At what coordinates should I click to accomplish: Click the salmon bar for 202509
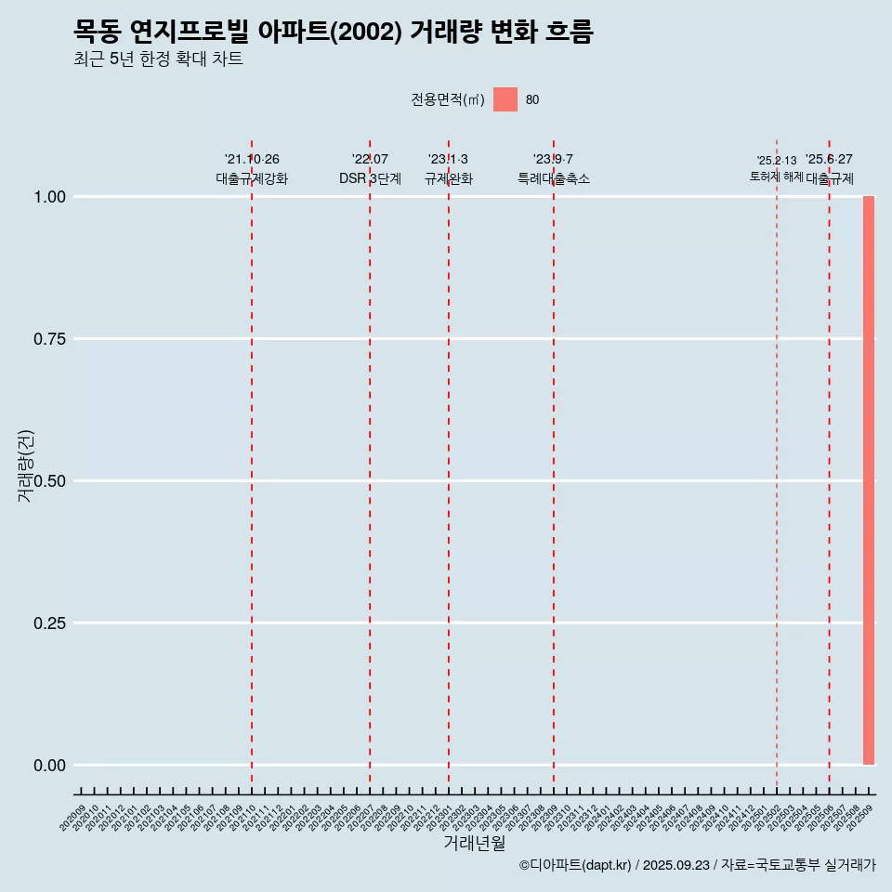tap(869, 480)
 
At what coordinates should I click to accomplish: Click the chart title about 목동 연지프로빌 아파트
tap(333, 33)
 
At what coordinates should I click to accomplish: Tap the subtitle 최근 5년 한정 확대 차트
tap(158, 59)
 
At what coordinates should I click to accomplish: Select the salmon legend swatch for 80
tap(505, 99)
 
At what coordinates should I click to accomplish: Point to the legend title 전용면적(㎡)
tap(448, 100)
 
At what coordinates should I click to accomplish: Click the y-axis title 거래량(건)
tap(26, 466)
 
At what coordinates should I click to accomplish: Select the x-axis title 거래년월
tap(474, 844)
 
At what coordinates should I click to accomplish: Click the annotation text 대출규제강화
tap(252, 178)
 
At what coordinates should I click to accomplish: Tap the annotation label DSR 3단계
tap(370, 178)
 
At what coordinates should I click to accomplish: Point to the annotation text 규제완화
tap(449, 178)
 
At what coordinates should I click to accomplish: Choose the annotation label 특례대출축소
tap(554, 178)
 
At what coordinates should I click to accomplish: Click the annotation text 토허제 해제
tap(777, 177)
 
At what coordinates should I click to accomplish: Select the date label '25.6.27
tap(829, 160)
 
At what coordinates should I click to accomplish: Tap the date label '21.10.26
tap(252, 160)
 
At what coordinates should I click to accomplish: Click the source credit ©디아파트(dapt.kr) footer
tap(697, 865)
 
